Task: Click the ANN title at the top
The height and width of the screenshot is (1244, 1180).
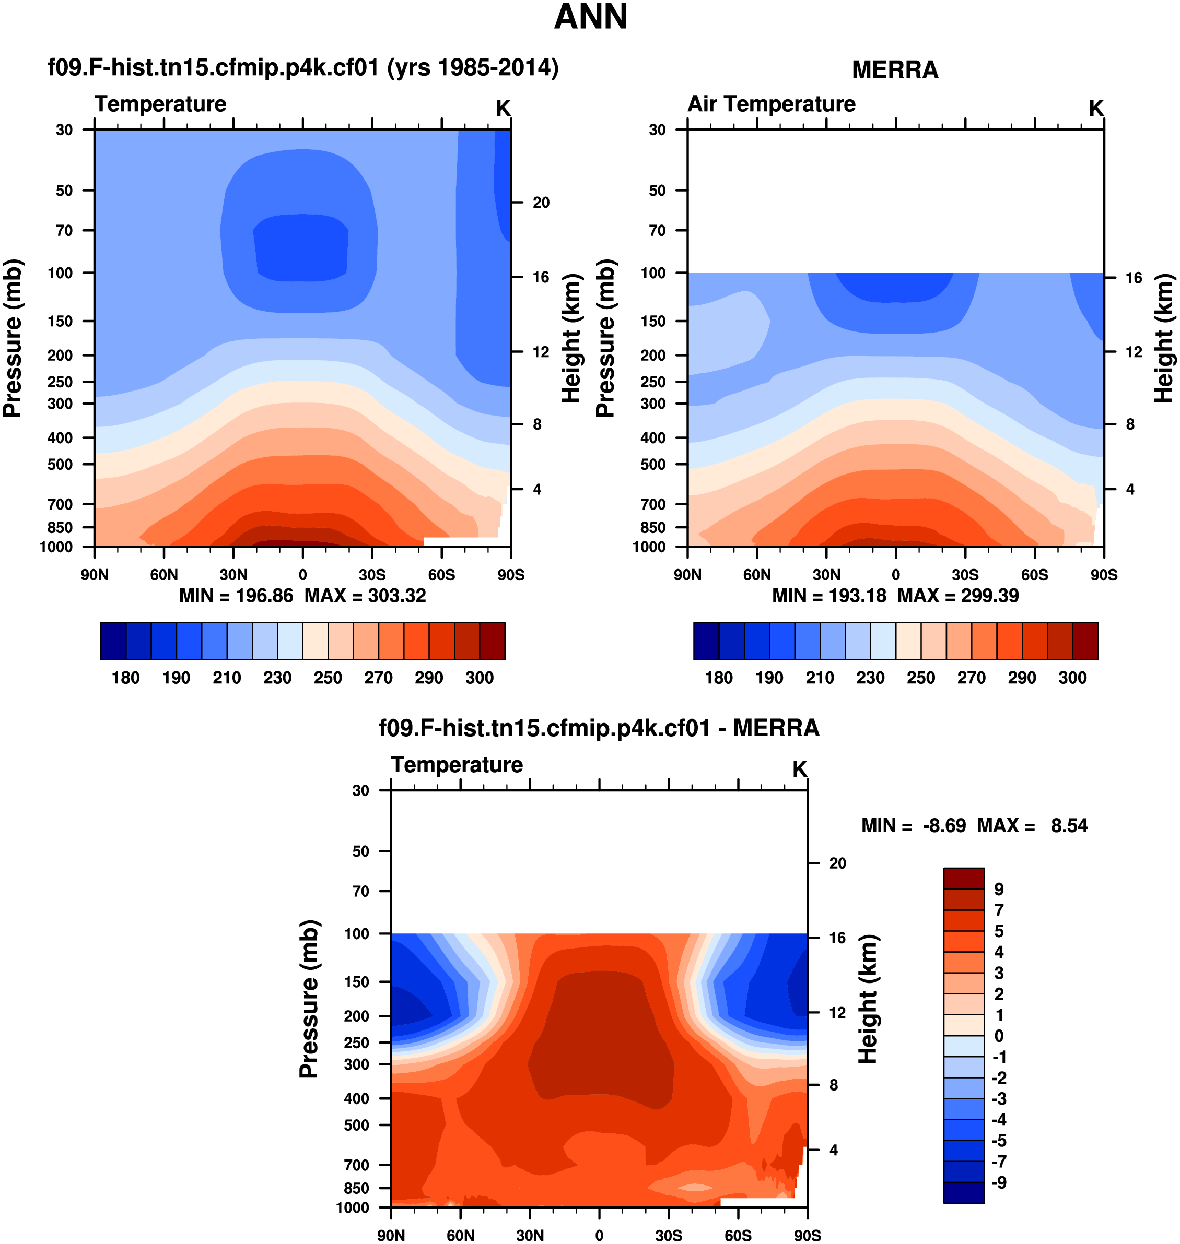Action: (x=590, y=17)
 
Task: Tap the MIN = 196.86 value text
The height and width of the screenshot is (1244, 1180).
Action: (x=236, y=595)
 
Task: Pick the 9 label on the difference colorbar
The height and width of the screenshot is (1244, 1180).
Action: (x=999, y=890)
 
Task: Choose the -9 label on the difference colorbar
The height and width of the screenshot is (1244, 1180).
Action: (x=998, y=1182)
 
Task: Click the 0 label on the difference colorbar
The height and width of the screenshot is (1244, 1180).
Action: (x=999, y=1036)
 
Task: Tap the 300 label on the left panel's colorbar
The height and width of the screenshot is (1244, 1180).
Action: (x=480, y=678)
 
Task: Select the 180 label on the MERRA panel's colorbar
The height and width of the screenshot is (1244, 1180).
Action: (x=718, y=678)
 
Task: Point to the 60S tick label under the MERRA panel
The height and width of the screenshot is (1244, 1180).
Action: (x=1034, y=575)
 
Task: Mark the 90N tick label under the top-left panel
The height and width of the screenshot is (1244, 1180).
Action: (x=95, y=575)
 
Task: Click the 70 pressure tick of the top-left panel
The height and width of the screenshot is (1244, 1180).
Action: (x=64, y=231)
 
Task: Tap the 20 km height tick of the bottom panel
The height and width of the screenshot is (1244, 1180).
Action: (x=837, y=863)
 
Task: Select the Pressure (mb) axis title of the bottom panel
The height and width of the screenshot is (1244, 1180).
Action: (x=309, y=1000)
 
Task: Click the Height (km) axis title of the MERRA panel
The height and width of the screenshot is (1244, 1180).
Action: (x=1164, y=338)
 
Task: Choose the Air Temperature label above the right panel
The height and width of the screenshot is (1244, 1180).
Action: (x=771, y=104)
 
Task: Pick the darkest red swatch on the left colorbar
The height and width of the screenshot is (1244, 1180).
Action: (x=492, y=641)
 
